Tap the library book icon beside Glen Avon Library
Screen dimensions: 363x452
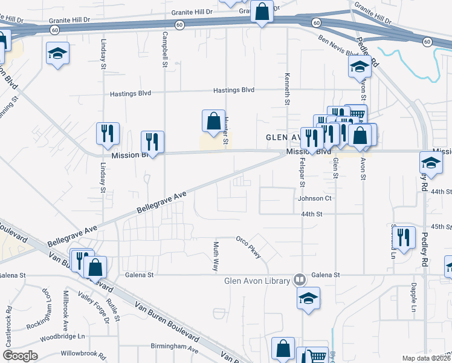pyautogui.click(x=299, y=280)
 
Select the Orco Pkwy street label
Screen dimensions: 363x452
pyautogui.click(x=249, y=247)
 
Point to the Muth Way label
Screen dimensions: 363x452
pyautogui.click(x=216, y=252)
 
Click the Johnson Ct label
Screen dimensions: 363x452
pyautogui.click(x=315, y=198)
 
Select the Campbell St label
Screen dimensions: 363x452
pyautogui.click(x=165, y=48)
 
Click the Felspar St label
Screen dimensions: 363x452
pyautogui.click(x=302, y=172)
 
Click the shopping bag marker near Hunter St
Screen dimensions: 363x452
pyautogui.click(x=214, y=121)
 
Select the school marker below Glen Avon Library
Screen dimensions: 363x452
pyautogui.click(x=308, y=298)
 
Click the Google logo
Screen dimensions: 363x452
pyautogui.click(x=21, y=356)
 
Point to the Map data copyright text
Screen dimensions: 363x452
pyautogui.click(x=427, y=358)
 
